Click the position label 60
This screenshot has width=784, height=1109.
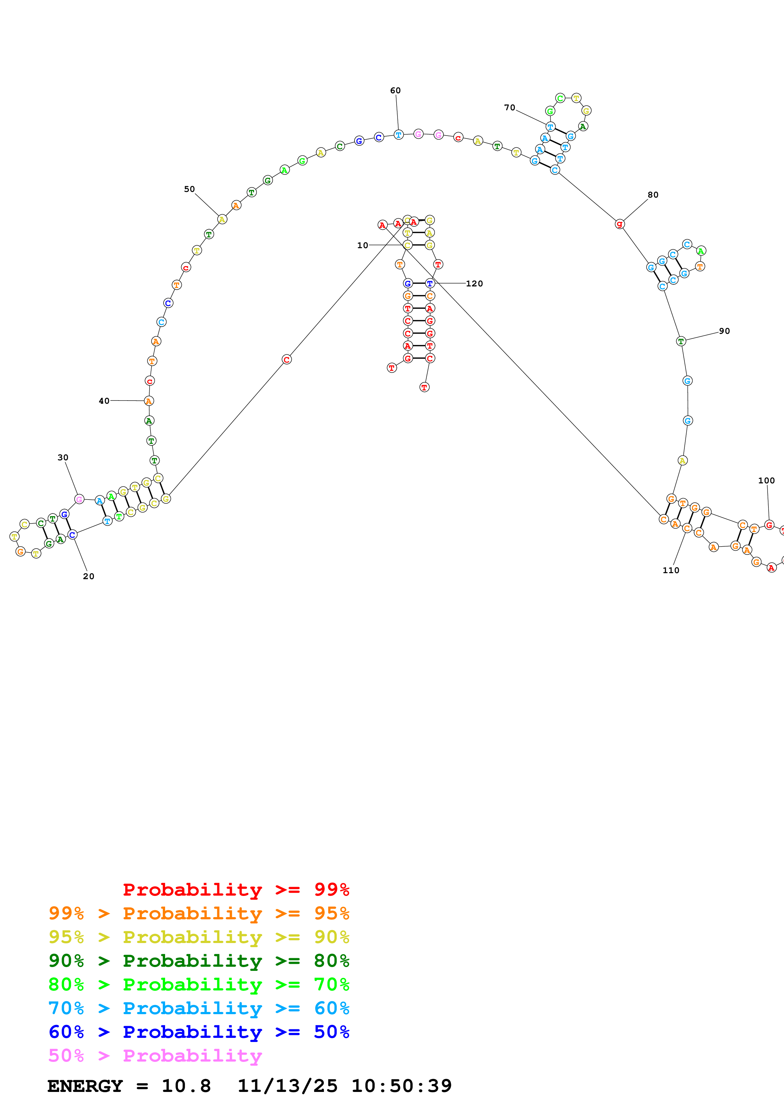[395, 90]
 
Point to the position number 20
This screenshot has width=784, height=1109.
[89, 576]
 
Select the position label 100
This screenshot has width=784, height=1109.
[766, 481]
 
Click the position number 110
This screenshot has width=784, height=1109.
[670, 570]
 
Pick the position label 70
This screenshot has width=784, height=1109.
[509, 108]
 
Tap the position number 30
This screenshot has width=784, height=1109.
[63, 457]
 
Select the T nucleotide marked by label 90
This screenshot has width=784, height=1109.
[681, 341]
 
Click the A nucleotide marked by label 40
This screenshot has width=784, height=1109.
[149, 401]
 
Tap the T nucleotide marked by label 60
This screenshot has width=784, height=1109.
[398, 135]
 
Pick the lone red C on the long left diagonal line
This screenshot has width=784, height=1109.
[287, 359]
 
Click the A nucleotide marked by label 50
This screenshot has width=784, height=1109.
[222, 219]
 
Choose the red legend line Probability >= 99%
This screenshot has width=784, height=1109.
[236, 889]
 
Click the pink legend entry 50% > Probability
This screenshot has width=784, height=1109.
[155, 1055]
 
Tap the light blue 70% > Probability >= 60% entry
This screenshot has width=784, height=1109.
[199, 1008]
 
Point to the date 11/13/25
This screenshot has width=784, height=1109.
[287, 1086]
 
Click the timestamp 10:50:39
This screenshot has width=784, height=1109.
[401, 1086]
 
